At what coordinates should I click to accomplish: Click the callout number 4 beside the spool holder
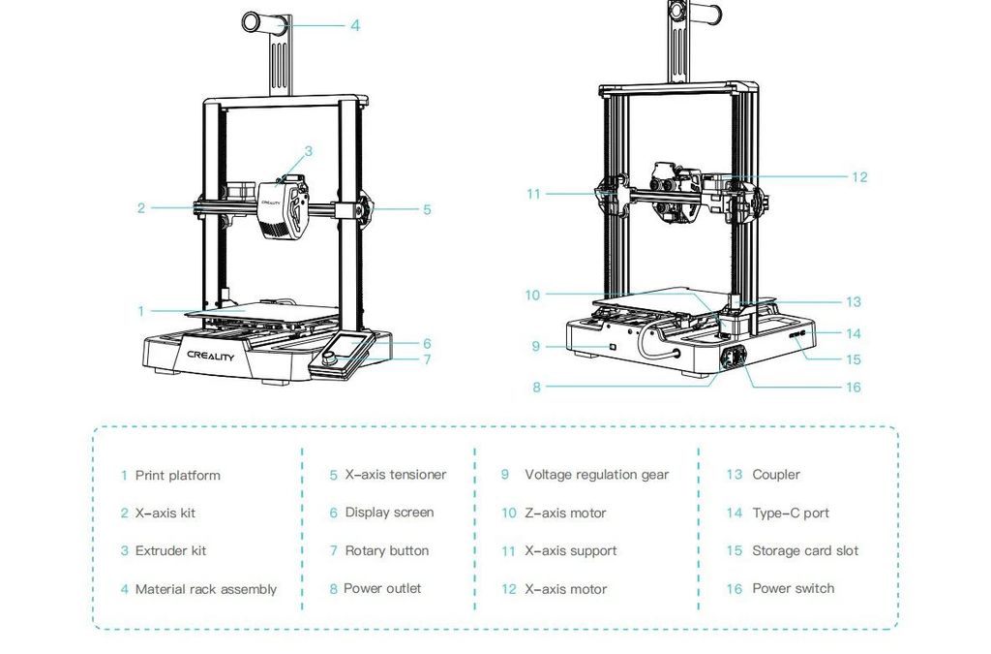[355, 26]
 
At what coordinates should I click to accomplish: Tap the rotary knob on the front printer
[331, 358]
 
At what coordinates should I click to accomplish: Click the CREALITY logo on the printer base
[210, 356]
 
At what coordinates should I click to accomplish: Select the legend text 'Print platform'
[177, 475]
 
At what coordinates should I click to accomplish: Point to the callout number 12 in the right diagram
[859, 177]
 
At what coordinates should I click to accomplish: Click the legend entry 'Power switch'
[793, 588]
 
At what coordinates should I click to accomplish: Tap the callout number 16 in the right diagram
[853, 388]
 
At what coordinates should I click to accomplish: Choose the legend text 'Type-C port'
[791, 513]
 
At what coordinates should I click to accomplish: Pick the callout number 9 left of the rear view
[535, 346]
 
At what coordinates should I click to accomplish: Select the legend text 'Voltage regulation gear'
[596, 475]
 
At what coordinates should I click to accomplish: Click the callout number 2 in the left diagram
[140, 208]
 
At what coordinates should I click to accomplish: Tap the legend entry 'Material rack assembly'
[205, 589]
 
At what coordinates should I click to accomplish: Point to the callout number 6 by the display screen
[427, 344]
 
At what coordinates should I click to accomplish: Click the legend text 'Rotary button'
[386, 550]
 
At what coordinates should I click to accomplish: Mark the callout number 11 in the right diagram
[533, 194]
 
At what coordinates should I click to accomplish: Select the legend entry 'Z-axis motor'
[565, 513]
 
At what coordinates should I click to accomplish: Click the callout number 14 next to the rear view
[853, 334]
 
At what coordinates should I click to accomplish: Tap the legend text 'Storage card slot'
[805, 550]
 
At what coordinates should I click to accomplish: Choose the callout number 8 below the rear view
[537, 388]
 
